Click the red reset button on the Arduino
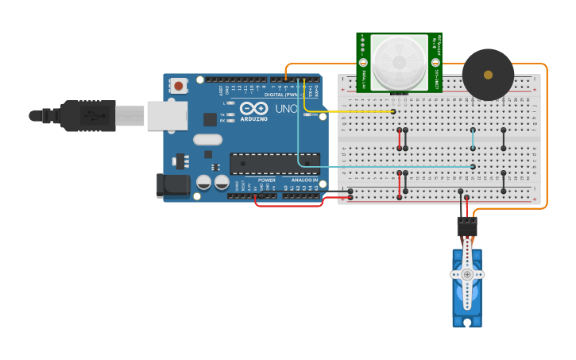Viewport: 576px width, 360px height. (x=179, y=85)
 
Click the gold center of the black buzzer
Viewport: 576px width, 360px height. (x=488, y=74)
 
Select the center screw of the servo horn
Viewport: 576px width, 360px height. (x=467, y=274)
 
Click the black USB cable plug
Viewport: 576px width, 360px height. (x=87, y=116)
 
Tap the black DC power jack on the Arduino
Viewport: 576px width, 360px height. (x=173, y=185)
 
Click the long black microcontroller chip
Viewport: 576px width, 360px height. (x=275, y=164)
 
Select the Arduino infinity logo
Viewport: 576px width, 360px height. (x=254, y=108)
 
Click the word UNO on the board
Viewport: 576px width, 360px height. (x=286, y=109)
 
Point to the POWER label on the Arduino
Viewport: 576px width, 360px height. (x=267, y=180)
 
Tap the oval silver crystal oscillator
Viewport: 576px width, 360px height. (x=207, y=141)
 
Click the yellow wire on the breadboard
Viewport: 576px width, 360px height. (x=350, y=111)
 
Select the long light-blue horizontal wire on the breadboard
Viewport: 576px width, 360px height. (x=389, y=166)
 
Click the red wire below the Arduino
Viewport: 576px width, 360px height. (x=290, y=205)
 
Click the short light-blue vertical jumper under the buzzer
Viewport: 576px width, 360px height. (x=473, y=138)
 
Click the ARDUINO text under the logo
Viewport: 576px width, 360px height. (x=254, y=118)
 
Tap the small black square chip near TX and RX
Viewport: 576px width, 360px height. (x=210, y=119)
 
